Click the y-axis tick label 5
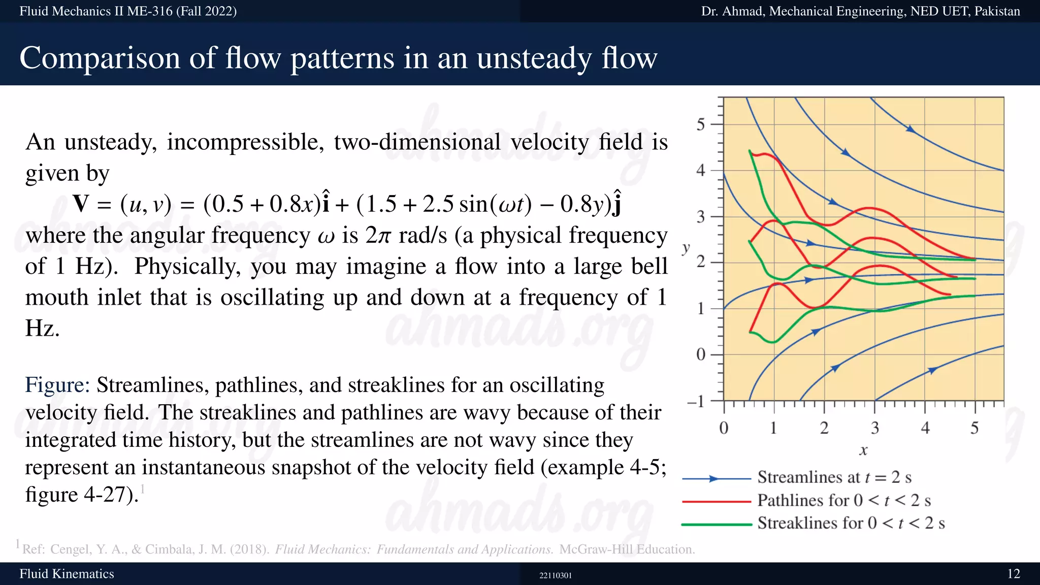(x=701, y=124)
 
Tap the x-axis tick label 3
(x=874, y=428)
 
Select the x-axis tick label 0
(x=724, y=428)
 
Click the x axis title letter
(x=863, y=450)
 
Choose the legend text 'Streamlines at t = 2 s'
(x=834, y=477)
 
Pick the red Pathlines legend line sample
(x=716, y=501)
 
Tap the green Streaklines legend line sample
(x=716, y=524)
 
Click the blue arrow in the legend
(x=713, y=478)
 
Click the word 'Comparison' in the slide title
(x=99, y=58)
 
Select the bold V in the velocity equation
(x=81, y=204)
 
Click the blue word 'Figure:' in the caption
(x=57, y=385)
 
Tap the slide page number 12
(x=1013, y=574)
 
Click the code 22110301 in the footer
(x=555, y=575)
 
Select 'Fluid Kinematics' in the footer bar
(x=67, y=574)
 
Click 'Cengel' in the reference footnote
(x=71, y=549)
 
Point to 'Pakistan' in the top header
(x=997, y=11)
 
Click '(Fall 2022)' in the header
(x=206, y=11)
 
